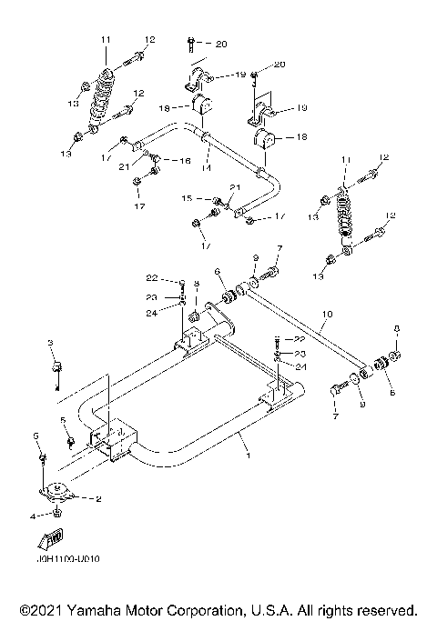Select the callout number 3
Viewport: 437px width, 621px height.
[x=50, y=342]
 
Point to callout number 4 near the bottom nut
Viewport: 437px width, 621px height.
[x=33, y=516]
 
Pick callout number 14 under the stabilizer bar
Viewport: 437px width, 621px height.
[x=207, y=168]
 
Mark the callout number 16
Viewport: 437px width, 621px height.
[x=186, y=160]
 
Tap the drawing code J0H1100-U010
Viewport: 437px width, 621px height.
[x=63, y=558]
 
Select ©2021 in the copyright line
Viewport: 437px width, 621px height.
[x=39, y=608]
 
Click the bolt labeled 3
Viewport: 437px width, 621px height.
[x=57, y=366]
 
